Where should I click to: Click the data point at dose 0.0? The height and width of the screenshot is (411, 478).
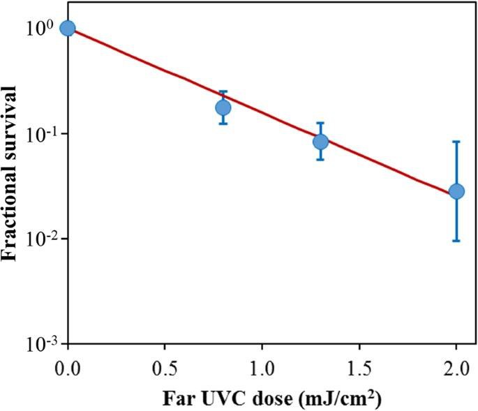[x=68, y=28]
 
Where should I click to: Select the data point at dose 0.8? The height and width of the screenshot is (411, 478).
[x=223, y=107]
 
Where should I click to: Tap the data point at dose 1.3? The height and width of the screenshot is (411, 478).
[x=320, y=142]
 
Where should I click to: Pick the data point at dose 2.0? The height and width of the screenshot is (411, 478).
[x=456, y=191]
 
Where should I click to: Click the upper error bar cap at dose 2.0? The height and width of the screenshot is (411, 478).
[x=456, y=142]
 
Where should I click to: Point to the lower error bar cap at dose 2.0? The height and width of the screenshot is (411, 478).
[x=456, y=241]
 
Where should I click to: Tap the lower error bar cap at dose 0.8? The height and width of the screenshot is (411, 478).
[x=223, y=124]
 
